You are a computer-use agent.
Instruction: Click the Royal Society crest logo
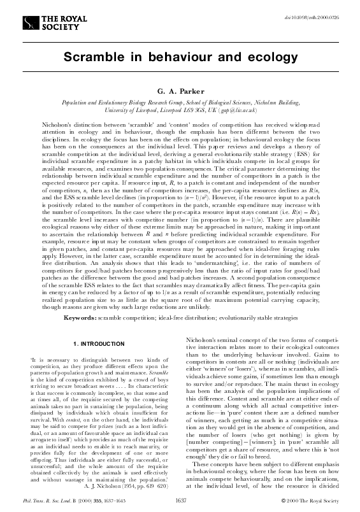30,23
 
